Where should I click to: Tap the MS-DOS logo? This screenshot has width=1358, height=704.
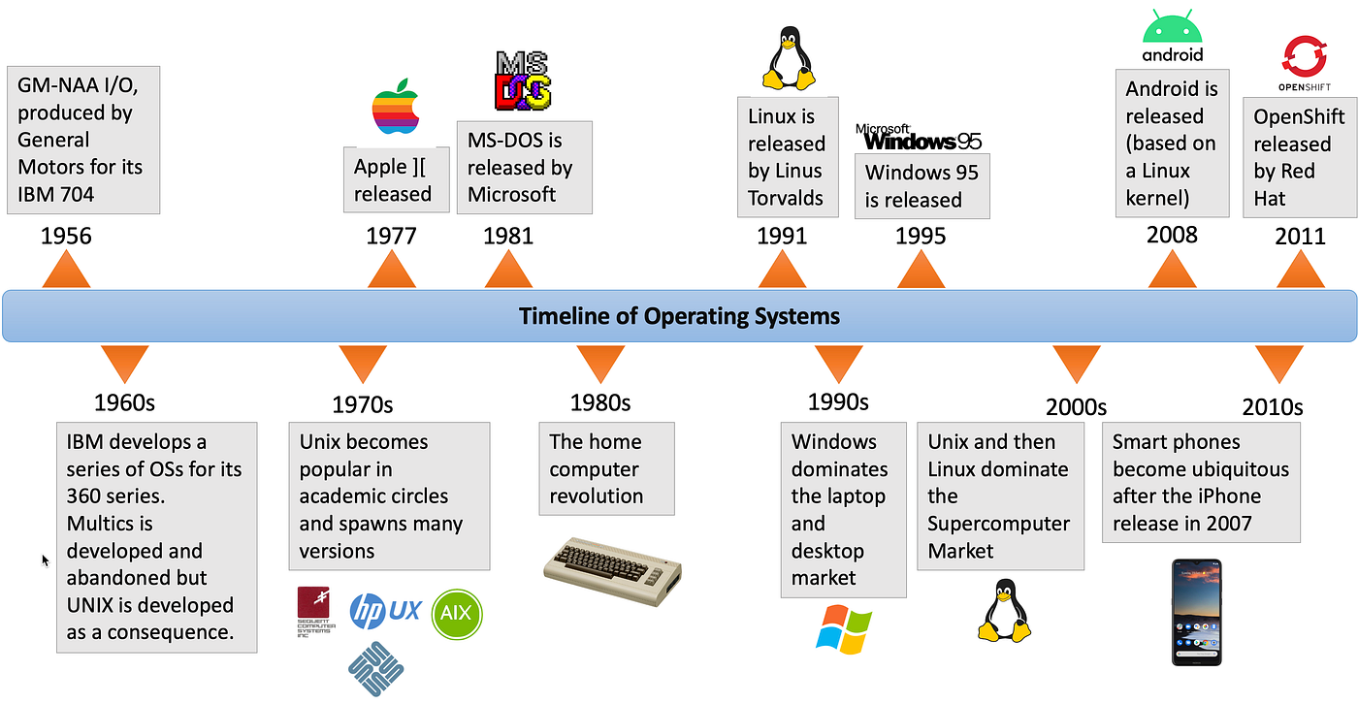point(524,80)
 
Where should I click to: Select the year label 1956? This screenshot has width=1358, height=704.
point(66,236)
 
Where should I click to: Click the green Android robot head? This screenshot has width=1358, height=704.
point(1172,28)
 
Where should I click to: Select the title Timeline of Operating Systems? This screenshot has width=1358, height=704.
point(679,316)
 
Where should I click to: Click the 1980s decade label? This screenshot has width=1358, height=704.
point(600,402)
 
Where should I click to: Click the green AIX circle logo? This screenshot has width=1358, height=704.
point(457,615)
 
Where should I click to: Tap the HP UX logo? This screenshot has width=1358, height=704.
point(385,611)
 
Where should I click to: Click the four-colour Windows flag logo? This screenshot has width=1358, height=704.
point(844,628)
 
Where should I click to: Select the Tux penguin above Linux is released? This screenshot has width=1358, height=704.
point(787,59)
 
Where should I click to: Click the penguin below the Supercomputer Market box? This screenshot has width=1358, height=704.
point(1001,611)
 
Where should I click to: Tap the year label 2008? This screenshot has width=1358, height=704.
point(1172,235)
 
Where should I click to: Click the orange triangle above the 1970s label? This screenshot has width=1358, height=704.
point(362,364)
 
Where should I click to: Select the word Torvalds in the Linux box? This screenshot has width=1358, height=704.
point(785,198)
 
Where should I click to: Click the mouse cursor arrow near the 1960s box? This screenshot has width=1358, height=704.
point(45,560)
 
